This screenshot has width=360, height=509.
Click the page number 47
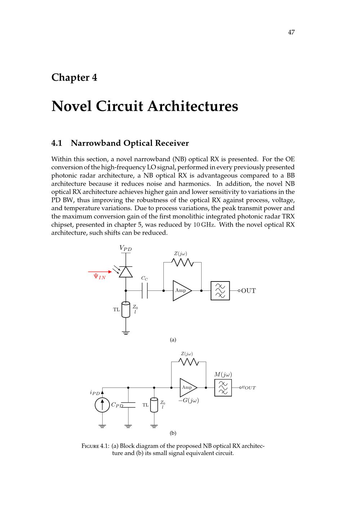click(291, 32)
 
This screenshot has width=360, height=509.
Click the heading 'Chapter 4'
click(74, 77)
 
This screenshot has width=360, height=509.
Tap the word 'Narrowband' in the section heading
click(96, 143)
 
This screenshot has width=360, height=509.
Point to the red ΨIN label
click(100, 276)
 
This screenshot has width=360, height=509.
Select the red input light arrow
click(100, 271)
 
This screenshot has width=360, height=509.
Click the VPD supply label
click(126, 248)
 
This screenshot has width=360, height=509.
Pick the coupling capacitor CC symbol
click(145, 290)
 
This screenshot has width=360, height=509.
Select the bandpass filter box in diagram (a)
click(220, 290)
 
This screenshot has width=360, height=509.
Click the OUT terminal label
click(248, 291)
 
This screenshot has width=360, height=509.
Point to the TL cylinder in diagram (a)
click(126, 310)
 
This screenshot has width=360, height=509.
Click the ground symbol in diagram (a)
click(126, 333)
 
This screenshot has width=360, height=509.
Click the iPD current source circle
click(102, 405)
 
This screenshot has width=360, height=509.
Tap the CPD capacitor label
click(117, 405)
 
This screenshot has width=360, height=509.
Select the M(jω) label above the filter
click(223, 374)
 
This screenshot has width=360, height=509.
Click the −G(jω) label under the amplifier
click(189, 400)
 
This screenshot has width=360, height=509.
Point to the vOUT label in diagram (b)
click(249, 388)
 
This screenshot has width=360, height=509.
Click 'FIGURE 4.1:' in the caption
click(95, 446)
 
